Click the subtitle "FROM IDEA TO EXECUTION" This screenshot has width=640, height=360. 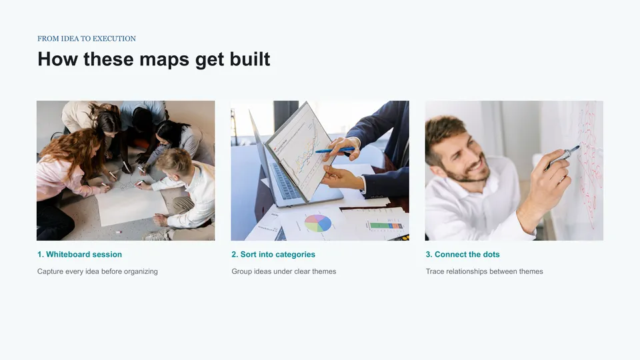coord(87,39)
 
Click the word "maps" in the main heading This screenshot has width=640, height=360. coord(165,59)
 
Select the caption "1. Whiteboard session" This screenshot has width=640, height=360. coord(79,254)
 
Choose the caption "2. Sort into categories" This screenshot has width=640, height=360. coord(273,254)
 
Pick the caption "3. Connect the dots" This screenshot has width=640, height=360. coord(463,254)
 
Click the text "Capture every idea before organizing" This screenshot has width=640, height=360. coord(97,271)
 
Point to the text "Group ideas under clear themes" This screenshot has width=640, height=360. coord(284,271)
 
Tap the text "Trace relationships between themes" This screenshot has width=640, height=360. coord(484,271)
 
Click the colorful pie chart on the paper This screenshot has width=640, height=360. coord(318,223)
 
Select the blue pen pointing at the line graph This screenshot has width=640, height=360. coord(334,150)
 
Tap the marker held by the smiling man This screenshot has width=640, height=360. coord(563,157)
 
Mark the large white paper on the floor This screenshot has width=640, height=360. coord(130,201)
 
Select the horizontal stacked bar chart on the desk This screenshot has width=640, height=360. coord(386,226)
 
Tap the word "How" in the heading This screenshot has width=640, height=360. coord(57,59)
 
